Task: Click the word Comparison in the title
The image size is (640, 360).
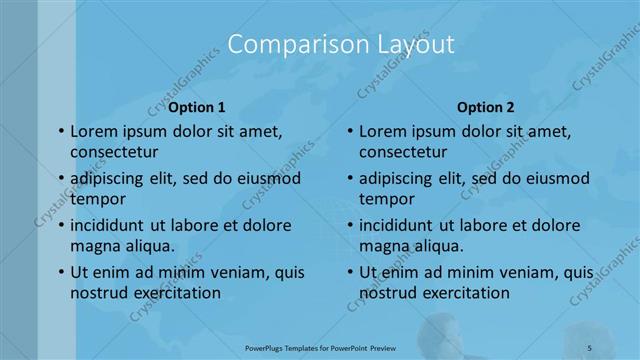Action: (x=282, y=45)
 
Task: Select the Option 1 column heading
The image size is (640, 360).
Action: (x=197, y=107)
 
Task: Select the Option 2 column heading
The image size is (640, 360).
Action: (x=486, y=107)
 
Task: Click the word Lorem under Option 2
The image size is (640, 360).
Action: (x=383, y=131)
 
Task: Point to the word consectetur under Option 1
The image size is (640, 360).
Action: (x=115, y=152)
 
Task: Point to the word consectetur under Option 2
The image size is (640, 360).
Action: (x=404, y=152)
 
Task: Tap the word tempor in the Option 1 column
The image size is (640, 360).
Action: (x=95, y=199)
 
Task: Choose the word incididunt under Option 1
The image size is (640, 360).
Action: (x=113, y=224)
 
